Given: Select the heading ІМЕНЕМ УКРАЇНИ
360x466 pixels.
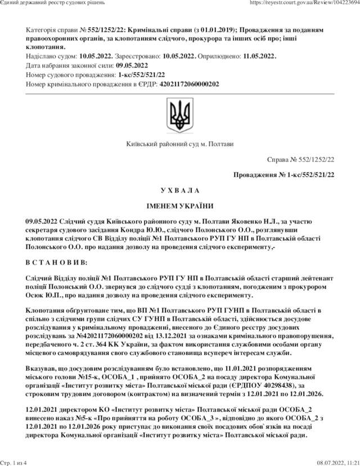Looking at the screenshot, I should (180, 205).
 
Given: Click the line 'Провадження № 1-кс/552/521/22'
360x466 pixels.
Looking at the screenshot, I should (284, 175).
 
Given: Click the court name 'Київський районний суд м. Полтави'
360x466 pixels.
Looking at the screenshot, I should (180, 145).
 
